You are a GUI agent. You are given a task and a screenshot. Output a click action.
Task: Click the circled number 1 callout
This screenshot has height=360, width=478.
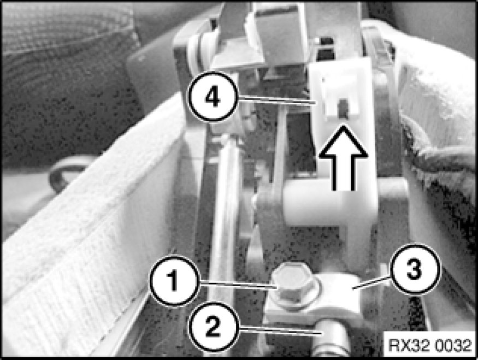tap(174, 281)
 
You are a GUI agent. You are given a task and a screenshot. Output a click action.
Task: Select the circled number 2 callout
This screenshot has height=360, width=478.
tap(213, 327)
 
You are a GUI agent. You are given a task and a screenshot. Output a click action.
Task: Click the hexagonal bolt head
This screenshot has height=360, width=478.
tap(291, 282)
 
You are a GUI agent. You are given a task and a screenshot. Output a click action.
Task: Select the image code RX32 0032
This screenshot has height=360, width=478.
tap(430, 345)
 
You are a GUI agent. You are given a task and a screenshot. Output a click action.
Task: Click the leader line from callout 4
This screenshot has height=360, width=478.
tap(277, 101)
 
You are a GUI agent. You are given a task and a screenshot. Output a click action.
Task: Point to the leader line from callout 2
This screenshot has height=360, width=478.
tap(279, 330)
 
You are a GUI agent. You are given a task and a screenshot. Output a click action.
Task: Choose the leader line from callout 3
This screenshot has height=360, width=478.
tap(371, 282)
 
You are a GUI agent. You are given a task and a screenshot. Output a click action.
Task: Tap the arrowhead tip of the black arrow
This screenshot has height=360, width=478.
tap(344, 125)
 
